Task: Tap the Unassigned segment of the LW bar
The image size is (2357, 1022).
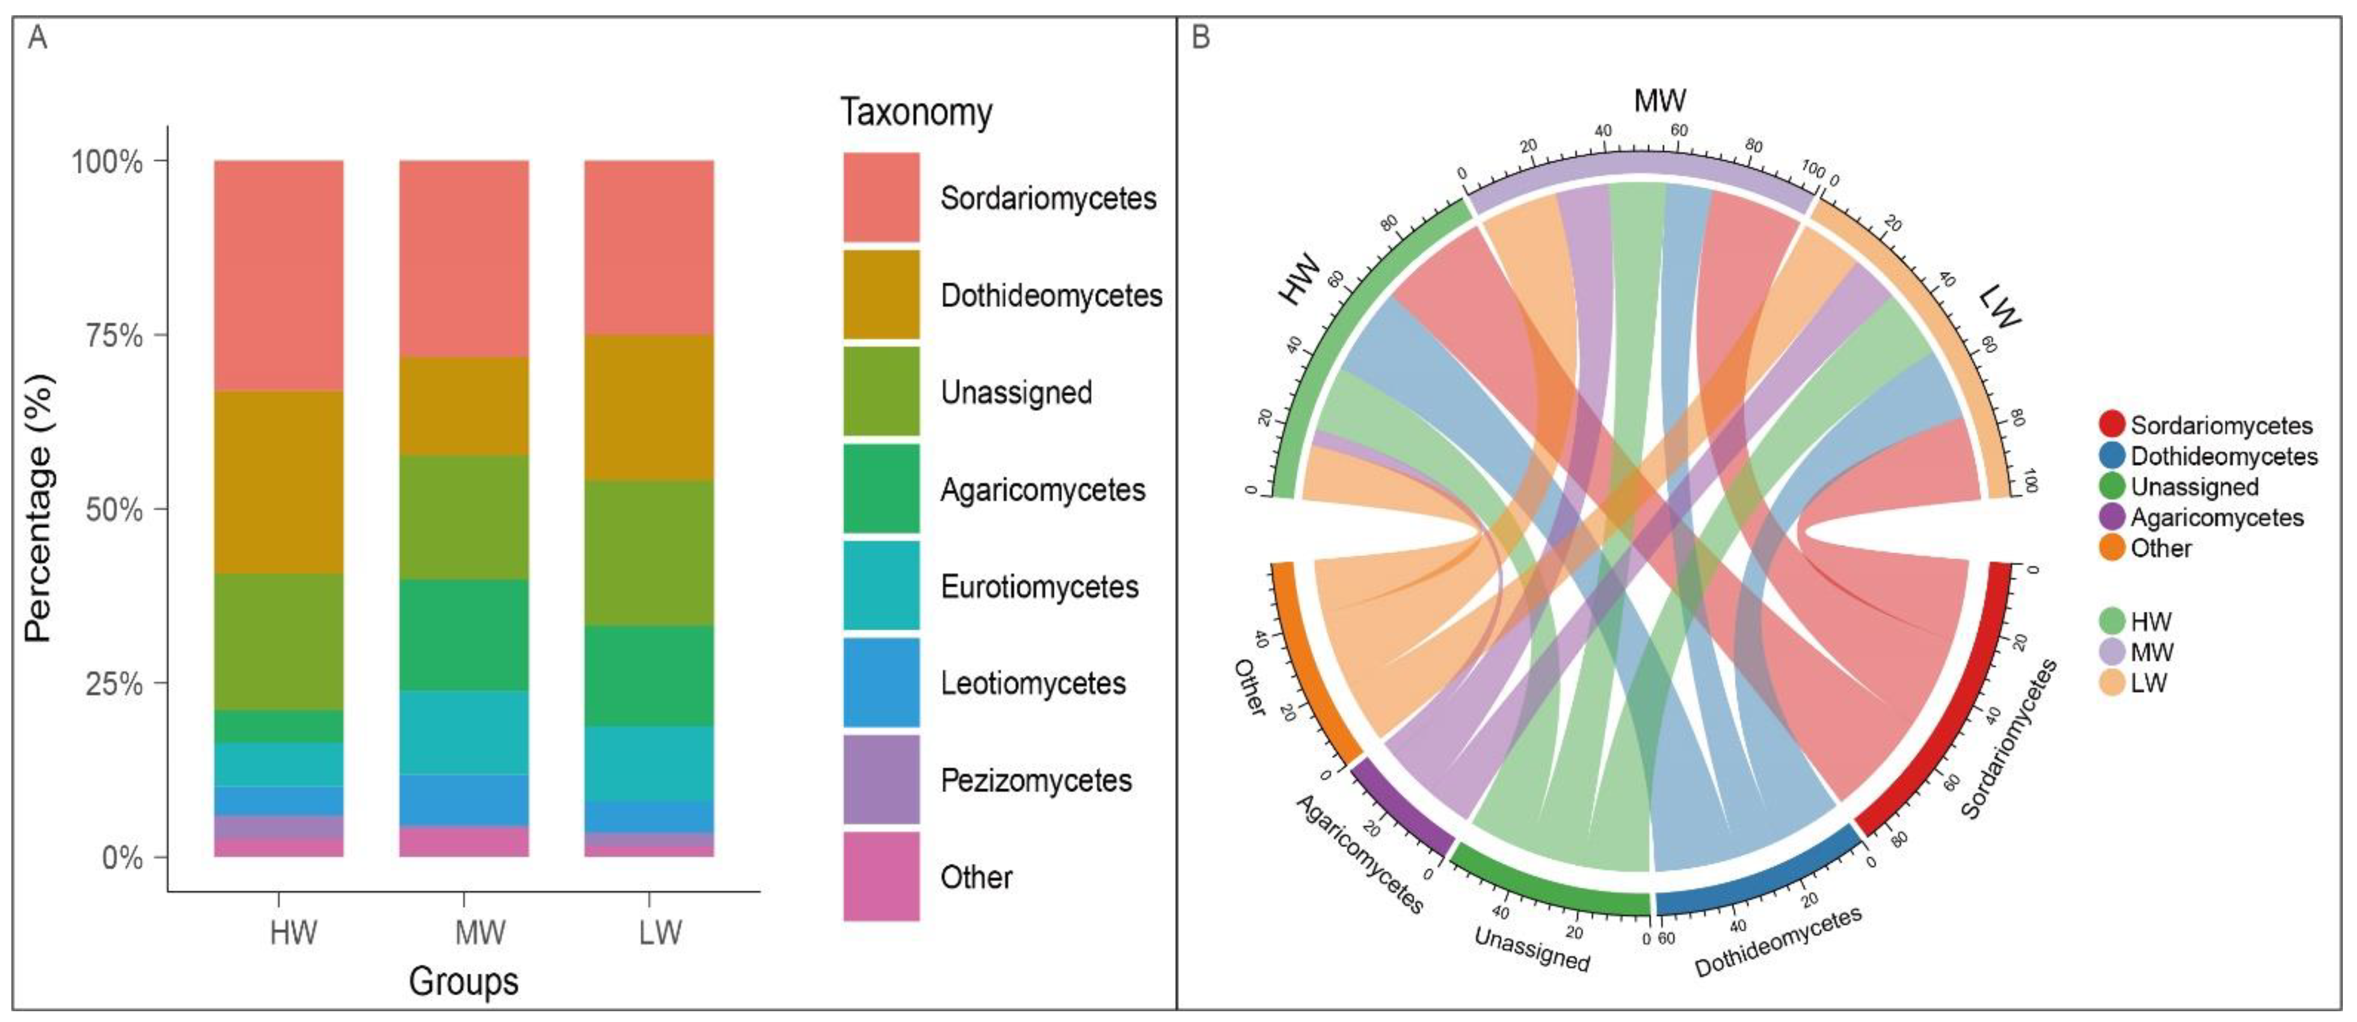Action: (649, 553)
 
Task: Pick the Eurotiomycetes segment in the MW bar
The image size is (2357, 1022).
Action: (464, 732)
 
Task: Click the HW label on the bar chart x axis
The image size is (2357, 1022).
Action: (293, 932)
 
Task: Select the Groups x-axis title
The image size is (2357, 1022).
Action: (464, 981)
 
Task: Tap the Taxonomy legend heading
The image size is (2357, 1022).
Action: (916, 112)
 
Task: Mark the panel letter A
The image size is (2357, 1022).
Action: (37, 39)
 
